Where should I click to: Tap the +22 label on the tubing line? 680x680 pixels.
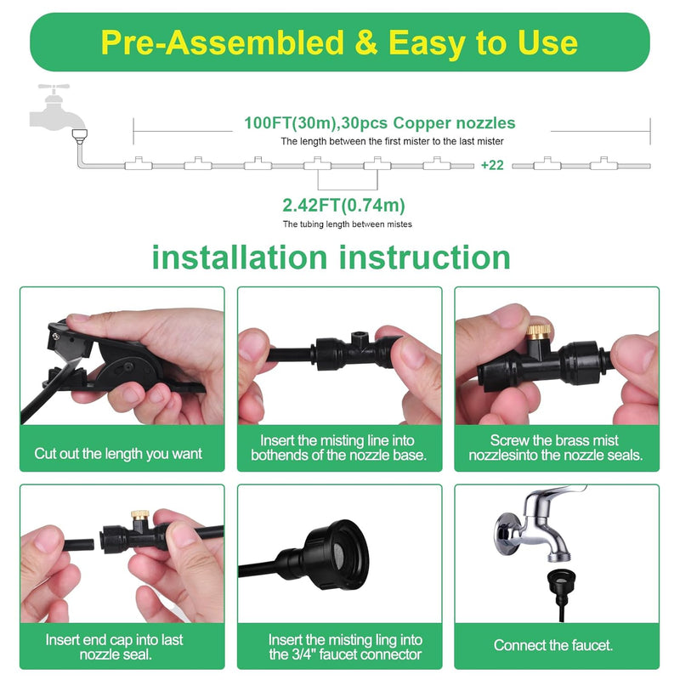[x=492, y=165]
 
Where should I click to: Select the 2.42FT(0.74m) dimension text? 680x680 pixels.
[x=343, y=205]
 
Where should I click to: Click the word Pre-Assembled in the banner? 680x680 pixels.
[x=222, y=42]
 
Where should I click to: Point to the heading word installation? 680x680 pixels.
[x=240, y=258]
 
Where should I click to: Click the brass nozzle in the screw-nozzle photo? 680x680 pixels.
[x=539, y=331]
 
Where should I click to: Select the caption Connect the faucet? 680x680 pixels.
[x=553, y=645]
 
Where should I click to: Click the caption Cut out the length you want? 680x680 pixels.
[x=118, y=454]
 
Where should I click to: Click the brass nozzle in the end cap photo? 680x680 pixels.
[x=140, y=515]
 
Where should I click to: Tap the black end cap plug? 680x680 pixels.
[x=79, y=544]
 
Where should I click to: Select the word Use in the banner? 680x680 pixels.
[x=547, y=42]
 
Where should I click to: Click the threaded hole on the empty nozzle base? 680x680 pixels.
[x=358, y=335]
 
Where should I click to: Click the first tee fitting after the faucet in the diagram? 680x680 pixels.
[x=139, y=163]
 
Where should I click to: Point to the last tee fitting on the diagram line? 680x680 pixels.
[x=604, y=163]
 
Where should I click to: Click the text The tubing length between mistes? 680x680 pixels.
[x=348, y=224]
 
